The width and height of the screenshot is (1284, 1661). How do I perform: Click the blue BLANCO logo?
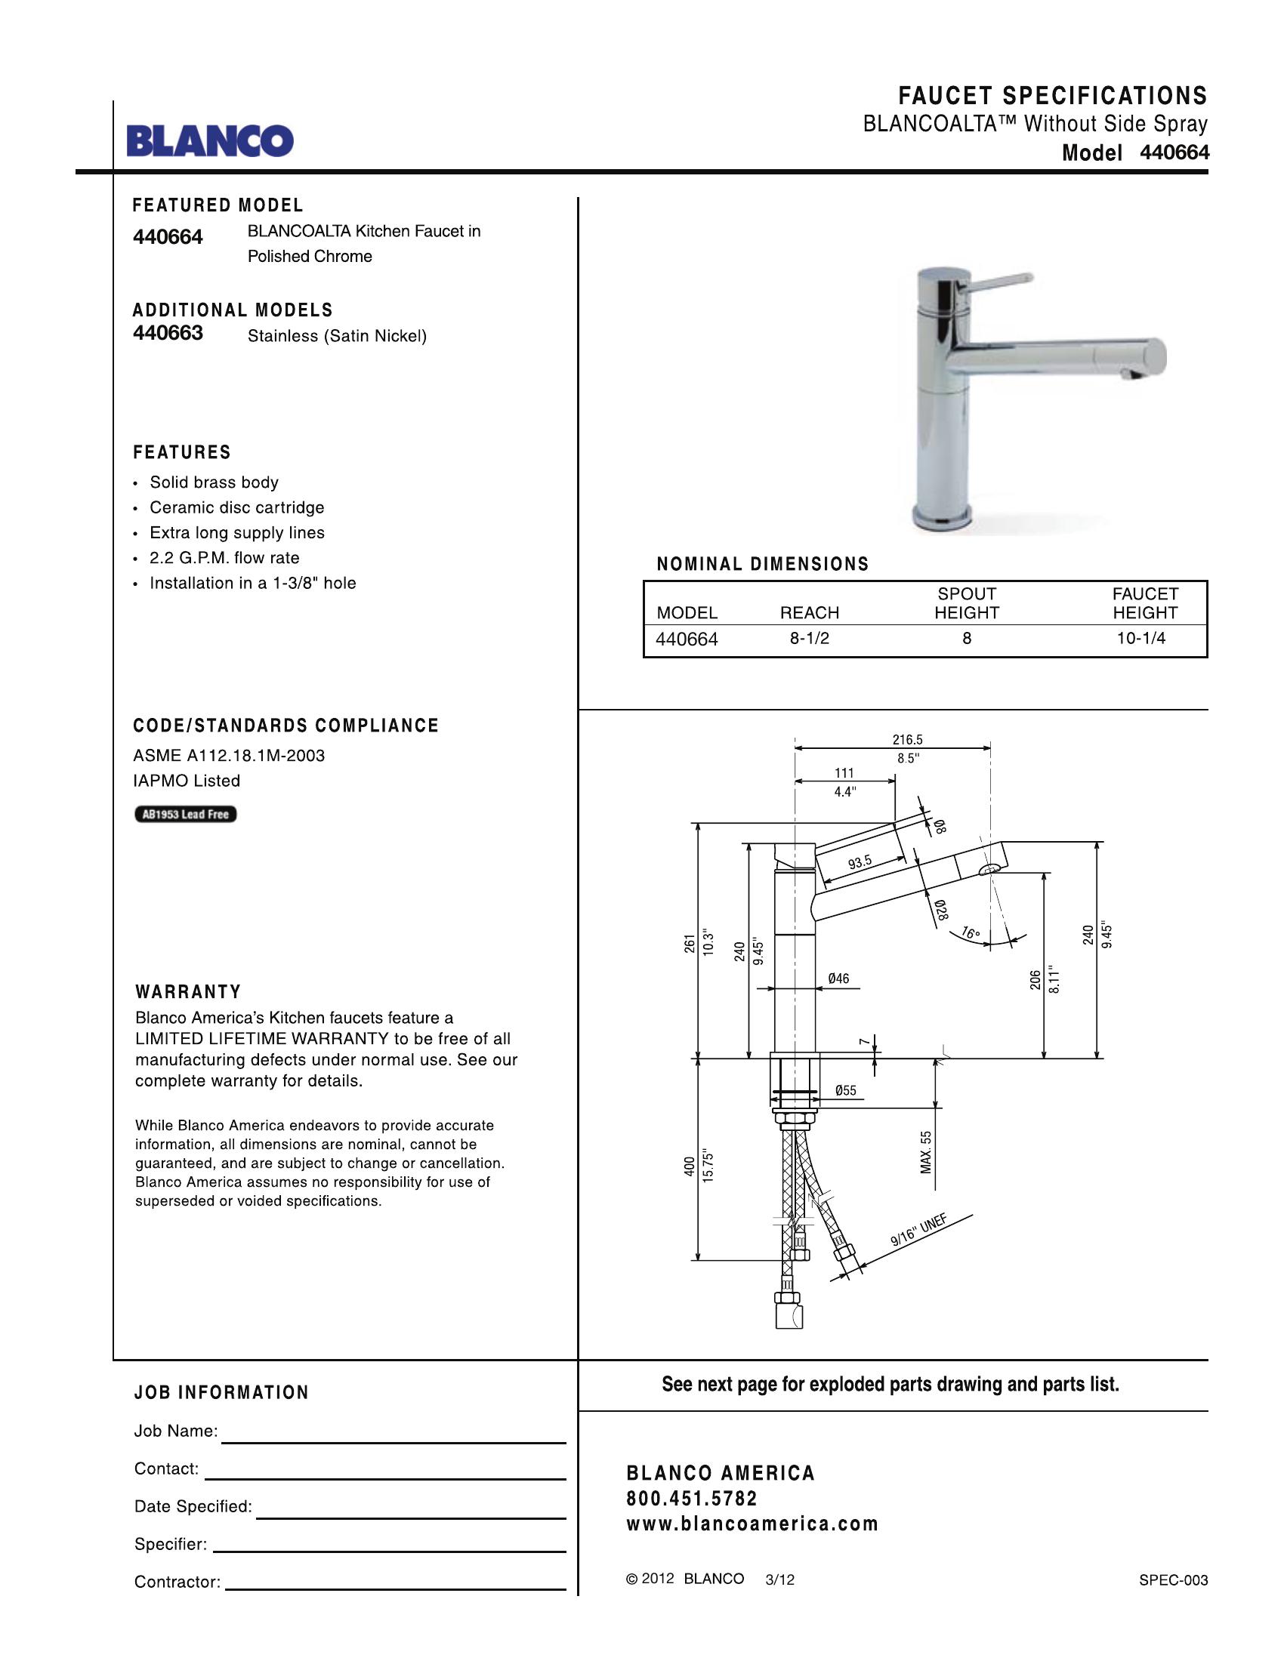click(210, 140)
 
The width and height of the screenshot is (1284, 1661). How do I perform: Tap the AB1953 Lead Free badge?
click(186, 815)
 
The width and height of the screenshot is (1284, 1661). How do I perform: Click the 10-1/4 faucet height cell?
click(1140, 639)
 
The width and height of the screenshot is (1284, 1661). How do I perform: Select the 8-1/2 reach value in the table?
click(810, 639)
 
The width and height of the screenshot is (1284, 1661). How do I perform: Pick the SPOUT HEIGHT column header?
click(966, 603)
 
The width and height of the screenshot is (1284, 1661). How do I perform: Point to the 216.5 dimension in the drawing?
click(907, 739)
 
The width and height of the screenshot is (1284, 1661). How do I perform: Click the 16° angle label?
click(971, 932)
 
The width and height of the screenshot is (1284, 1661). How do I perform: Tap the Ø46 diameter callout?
click(838, 978)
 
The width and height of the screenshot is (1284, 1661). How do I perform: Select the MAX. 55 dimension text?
click(926, 1152)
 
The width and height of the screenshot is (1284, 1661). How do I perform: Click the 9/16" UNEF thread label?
click(919, 1231)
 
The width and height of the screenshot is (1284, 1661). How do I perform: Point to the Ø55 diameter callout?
click(845, 1091)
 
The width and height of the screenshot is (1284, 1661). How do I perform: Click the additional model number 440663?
click(168, 333)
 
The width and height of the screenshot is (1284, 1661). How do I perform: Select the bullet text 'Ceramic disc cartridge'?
click(236, 507)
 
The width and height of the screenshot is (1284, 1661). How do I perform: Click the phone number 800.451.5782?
click(692, 1498)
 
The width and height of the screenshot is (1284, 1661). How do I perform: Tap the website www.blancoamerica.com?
click(752, 1524)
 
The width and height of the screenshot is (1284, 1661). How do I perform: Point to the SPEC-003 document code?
click(1173, 1580)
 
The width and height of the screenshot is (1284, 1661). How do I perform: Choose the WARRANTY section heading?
click(188, 992)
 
